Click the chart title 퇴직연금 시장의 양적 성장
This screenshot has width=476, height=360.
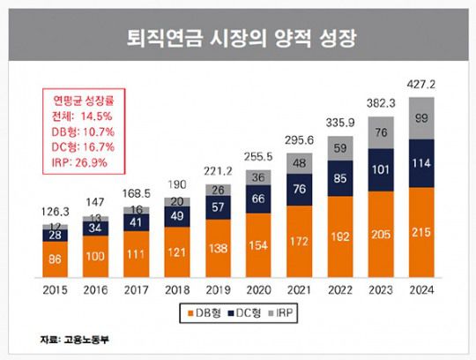[238, 39]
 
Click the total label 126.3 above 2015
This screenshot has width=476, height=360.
[56, 213]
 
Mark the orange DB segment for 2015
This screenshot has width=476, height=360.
[56, 260]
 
